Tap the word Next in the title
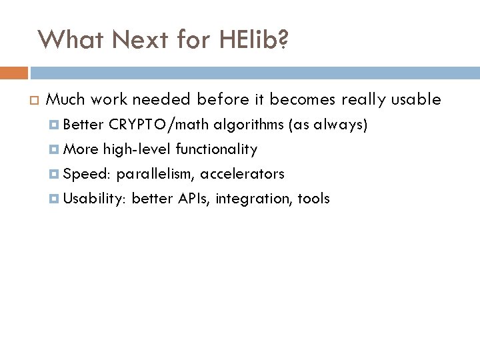click(x=133, y=40)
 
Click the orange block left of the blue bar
click(x=14, y=73)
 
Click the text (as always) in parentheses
click(x=327, y=125)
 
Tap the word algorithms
click(x=248, y=125)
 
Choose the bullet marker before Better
click(x=55, y=125)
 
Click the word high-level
click(x=137, y=149)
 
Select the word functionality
click(x=216, y=149)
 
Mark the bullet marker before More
click(x=55, y=149)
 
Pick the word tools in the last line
click(x=313, y=199)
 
